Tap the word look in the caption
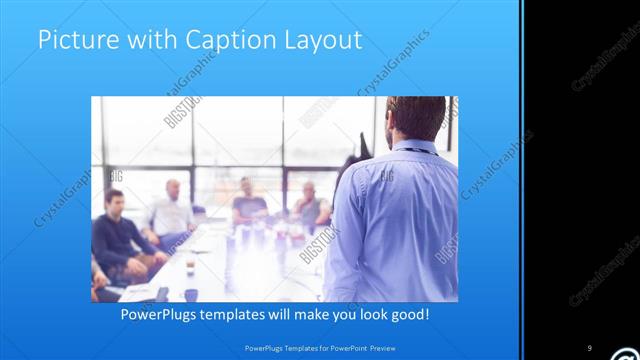point(364,314)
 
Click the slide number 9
point(590,348)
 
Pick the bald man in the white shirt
point(171,212)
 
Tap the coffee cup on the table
point(190,267)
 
